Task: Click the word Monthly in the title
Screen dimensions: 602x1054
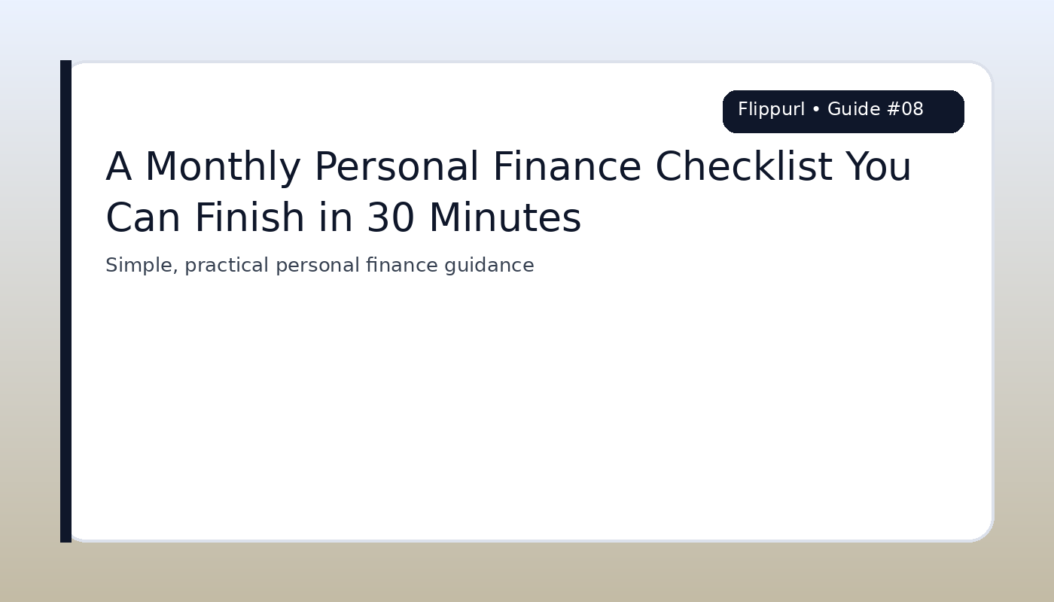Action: [222, 168]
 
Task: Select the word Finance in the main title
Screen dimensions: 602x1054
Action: [567, 168]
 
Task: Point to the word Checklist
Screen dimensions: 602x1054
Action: [744, 168]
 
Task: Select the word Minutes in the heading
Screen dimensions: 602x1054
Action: [504, 219]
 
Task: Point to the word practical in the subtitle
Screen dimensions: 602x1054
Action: [227, 266]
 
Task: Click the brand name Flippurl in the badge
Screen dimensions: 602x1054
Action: [771, 110]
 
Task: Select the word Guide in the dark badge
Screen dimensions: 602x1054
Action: [854, 110]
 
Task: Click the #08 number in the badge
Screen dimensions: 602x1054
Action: [905, 110]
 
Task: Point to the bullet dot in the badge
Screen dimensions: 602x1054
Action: [816, 111]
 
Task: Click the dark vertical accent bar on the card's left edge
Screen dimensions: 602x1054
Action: [65, 301]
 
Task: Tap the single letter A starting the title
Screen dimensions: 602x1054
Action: [118, 168]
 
